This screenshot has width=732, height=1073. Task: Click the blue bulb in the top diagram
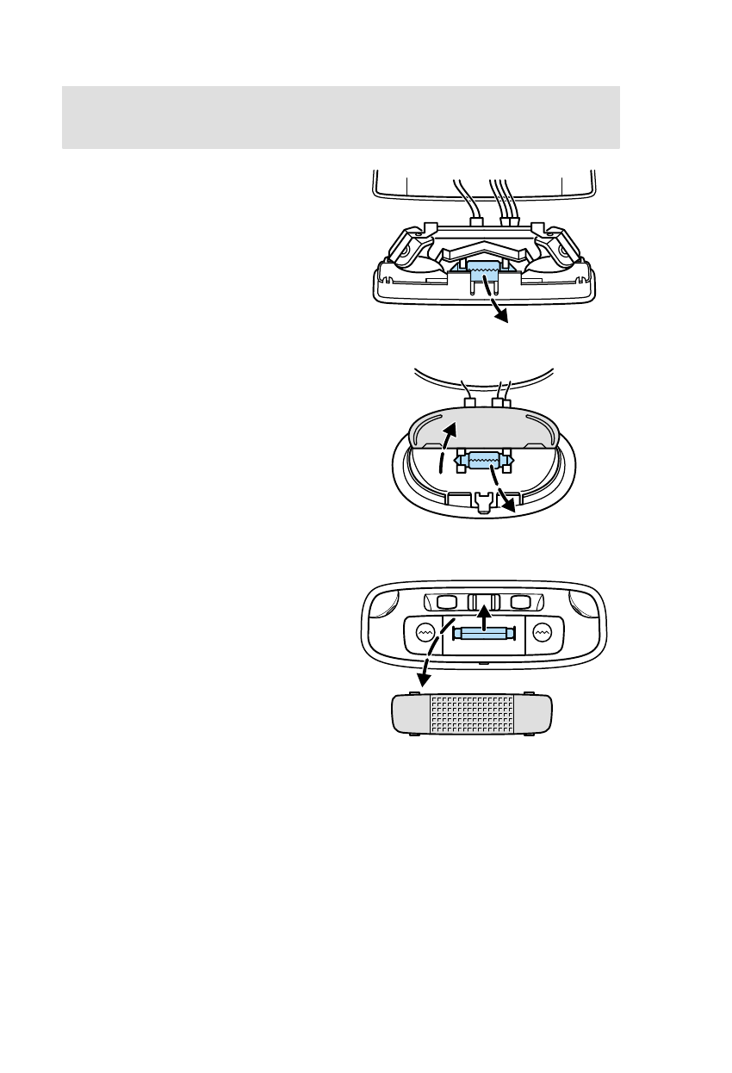(x=484, y=274)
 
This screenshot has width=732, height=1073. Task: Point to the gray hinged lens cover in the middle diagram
(x=482, y=429)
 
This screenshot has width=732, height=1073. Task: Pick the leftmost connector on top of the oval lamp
(x=469, y=401)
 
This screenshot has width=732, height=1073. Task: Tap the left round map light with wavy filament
(x=425, y=632)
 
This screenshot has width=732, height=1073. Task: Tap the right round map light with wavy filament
(x=542, y=632)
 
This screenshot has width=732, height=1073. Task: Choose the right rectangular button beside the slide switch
(x=521, y=601)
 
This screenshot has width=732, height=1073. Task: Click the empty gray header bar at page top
(x=341, y=116)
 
